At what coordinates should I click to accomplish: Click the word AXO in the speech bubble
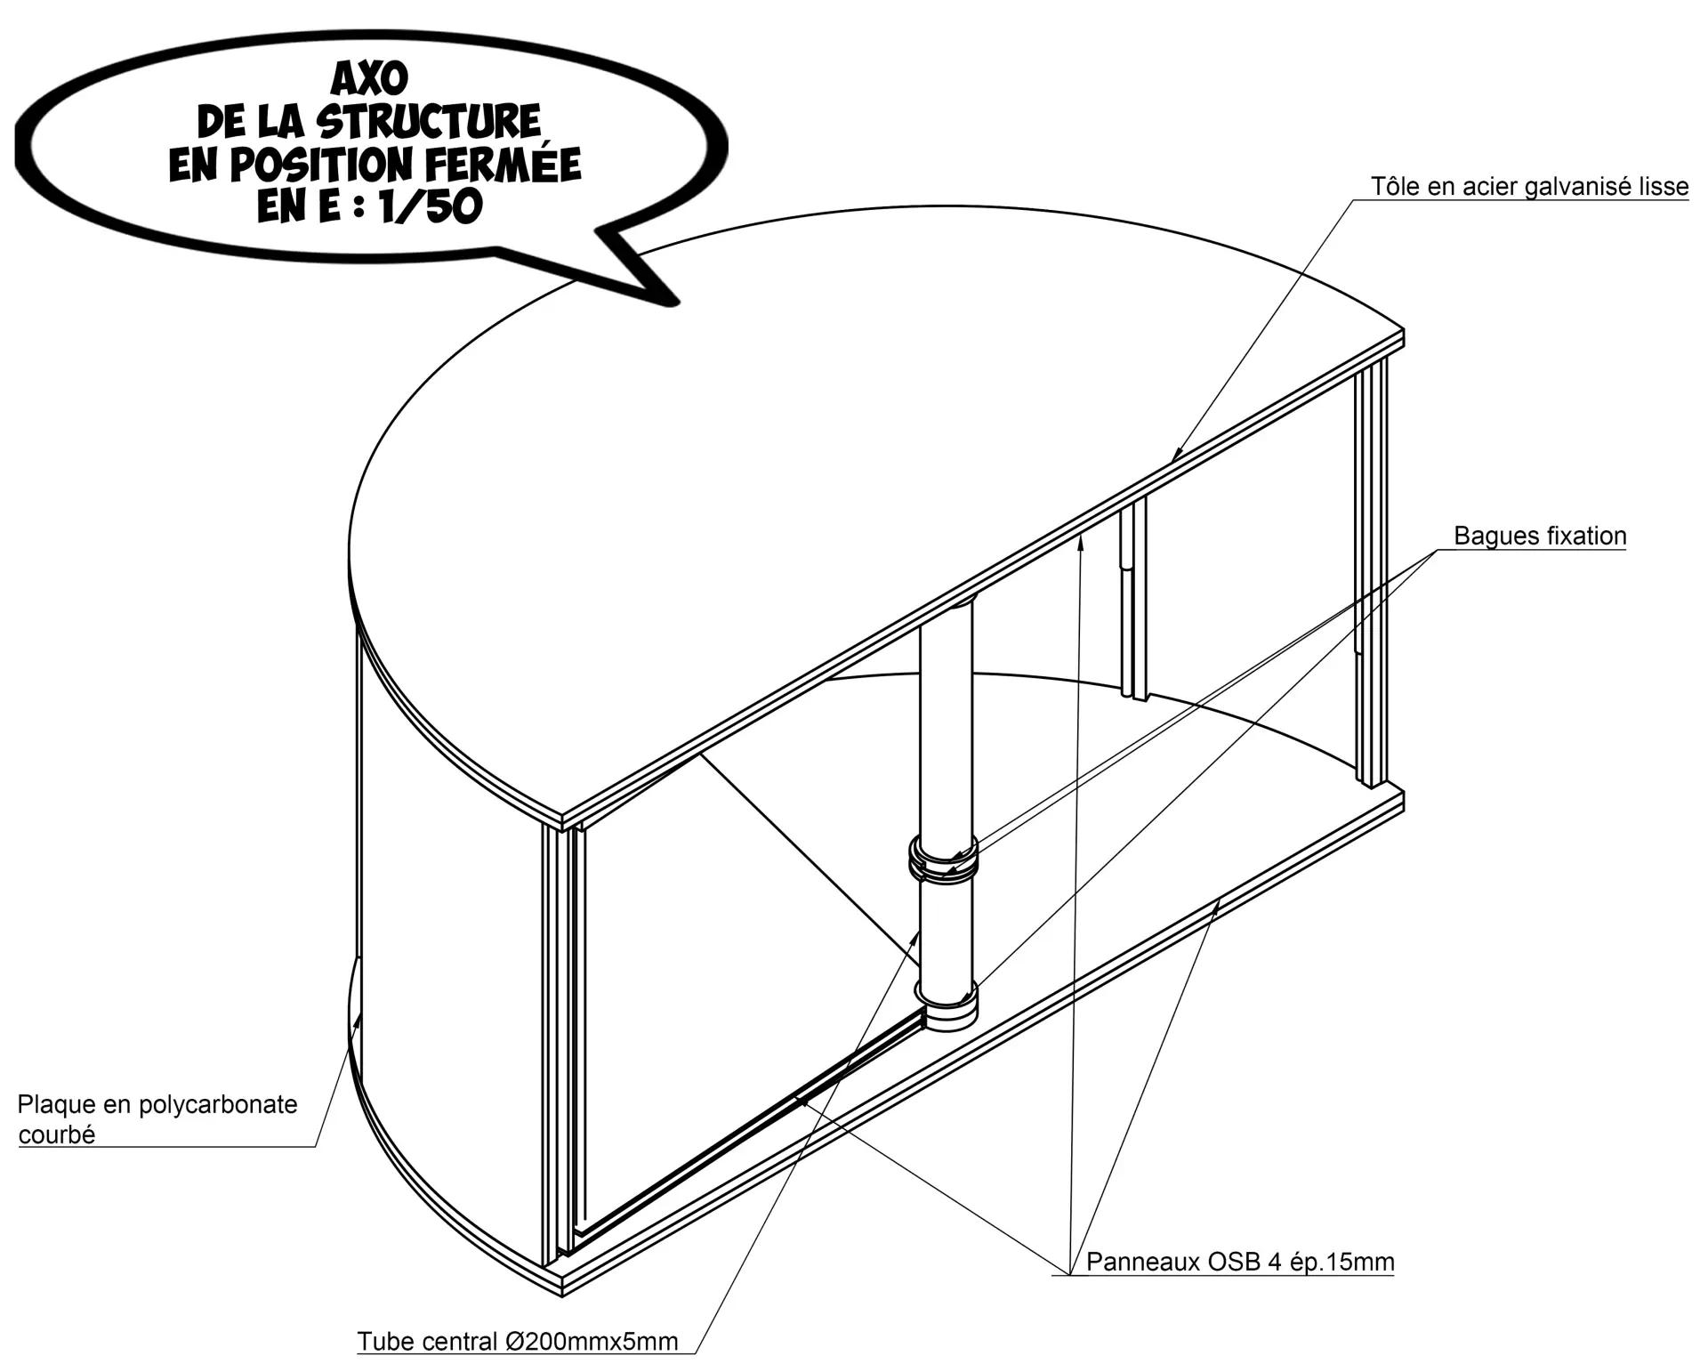pyautogui.click(x=369, y=78)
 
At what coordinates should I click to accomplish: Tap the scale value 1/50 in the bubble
pyautogui.click(x=429, y=206)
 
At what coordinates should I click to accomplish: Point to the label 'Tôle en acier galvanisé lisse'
pyautogui.click(x=1529, y=187)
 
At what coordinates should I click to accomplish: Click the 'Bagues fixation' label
pyautogui.click(x=1540, y=536)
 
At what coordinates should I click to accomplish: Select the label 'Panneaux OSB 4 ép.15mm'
pyautogui.click(x=1240, y=1262)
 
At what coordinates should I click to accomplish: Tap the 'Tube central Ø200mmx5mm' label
pyautogui.click(x=518, y=1341)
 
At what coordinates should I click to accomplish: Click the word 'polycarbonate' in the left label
pyautogui.click(x=218, y=1105)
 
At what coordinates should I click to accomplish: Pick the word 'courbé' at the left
pyautogui.click(x=57, y=1135)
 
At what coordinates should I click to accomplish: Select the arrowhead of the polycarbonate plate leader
pyautogui.click(x=358, y=1018)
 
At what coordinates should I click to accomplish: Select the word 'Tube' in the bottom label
pyautogui.click(x=384, y=1341)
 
